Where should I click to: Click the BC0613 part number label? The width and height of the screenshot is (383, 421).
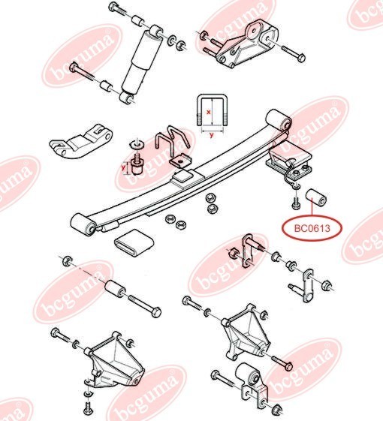pyautogui.click(x=312, y=228)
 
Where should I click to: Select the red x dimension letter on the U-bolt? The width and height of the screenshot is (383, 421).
pyautogui.click(x=208, y=113)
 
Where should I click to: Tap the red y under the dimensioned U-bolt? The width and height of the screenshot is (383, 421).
pyautogui.click(x=212, y=135)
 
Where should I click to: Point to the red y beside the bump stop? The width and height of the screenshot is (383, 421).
pyautogui.click(x=123, y=168)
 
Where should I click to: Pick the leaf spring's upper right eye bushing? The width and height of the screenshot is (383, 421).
pyautogui.click(x=279, y=120)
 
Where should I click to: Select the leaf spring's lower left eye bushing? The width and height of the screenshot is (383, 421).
pyautogui.click(x=83, y=224)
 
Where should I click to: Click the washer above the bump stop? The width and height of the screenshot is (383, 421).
pyautogui.click(x=137, y=144)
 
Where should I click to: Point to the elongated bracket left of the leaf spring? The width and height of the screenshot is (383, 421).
pyautogui.click(x=81, y=141)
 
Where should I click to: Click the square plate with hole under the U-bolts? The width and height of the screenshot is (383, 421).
pyautogui.click(x=180, y=161)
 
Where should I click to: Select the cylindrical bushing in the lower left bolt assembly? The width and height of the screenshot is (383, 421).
pyautogui.click(x=115, y=288)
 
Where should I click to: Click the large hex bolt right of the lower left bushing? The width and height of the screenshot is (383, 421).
pyautogui.click(x=145, y=306)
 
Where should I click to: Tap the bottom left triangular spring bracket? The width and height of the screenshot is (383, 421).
pyautogui.click(x=115, y=359)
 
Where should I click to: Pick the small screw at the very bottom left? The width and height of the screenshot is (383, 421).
pyautogui.click(x=89, y=410)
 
